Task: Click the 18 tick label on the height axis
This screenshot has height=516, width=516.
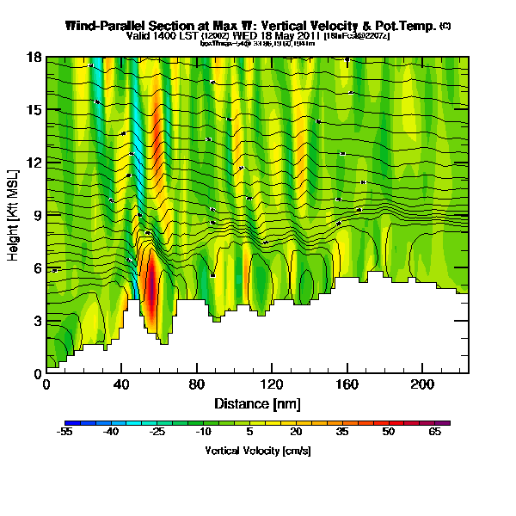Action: [x=34, y=57]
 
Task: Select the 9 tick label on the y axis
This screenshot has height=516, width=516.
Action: [x=36, y=215]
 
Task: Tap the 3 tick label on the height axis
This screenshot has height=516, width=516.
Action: [x=36, y=321]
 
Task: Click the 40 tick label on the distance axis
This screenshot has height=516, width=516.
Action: [x=121, y=384]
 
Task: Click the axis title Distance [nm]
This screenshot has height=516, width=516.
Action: [x=256, y=403]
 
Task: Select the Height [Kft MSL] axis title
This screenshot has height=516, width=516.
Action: [x=15, y=215]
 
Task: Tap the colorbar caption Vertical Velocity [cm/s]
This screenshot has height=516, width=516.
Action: [x=258, y=451]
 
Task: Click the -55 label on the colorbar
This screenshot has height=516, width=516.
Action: [x=65, y=433]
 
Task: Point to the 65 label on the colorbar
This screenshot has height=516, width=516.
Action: [x=435, y=433]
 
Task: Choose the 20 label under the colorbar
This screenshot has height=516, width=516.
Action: [x=295, y=433]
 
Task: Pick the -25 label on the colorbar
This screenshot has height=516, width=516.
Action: [x=157, y=433]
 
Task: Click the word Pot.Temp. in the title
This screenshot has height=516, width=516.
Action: [x=408, y=26]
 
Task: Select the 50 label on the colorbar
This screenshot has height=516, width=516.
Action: [x=389, y=433]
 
